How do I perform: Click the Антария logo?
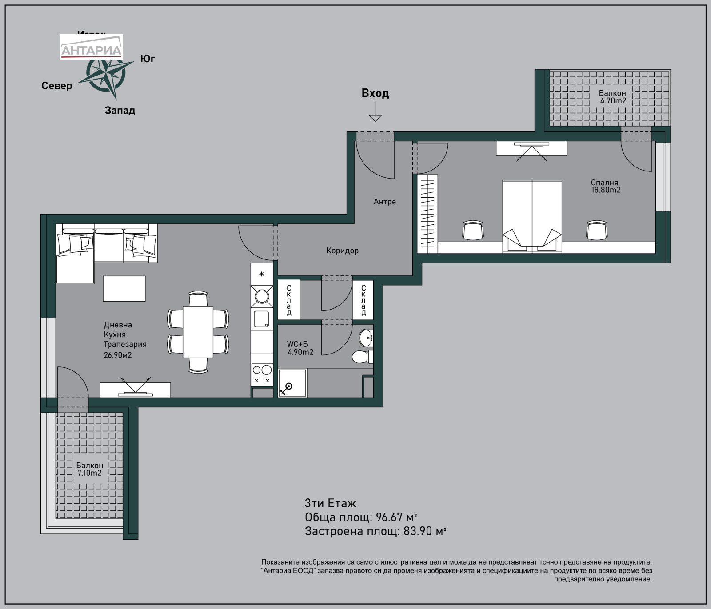pyautogui.click(x=92, y=47)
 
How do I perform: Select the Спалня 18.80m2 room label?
pyautogui.click(x=605, y=186)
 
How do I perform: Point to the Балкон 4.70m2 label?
pyautogui.click(x=612, y=97)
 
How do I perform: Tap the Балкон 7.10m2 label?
pyautogui.click(x=89, y=469)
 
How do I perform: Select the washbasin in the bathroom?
pyautogui.click(x=366, y=338)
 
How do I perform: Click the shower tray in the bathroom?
pyautogui.click(x=292, y=382)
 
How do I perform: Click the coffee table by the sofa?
pyautogui.click(x=124, y=288)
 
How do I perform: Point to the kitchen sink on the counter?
pyautogui.click(x=262, y=319)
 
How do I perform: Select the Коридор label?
pyautogui.click(x=342, y=251)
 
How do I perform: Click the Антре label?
pyautogui.click(x=385, y=202)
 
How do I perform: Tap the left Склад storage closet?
pyautogui.click(x=289, y=300)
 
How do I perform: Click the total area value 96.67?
pyautogui.click(x=389, y=517)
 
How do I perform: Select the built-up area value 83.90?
pyautogui.click(x=418, y=531)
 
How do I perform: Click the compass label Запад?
pyautogui.click(x=120, y=110)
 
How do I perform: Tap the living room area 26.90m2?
pyautogui.click(x=118, y=355)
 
